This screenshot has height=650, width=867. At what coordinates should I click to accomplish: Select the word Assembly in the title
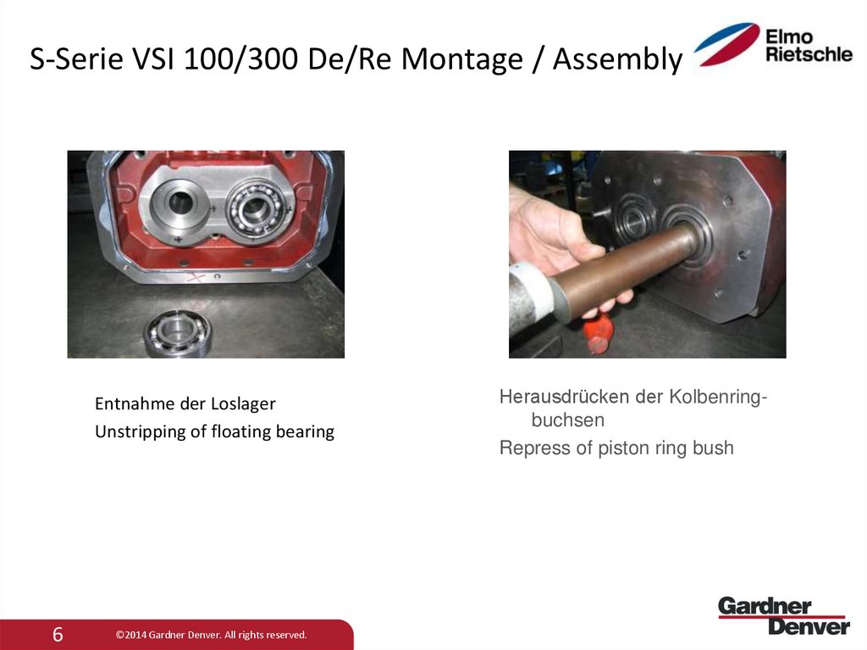(x=617, y=60)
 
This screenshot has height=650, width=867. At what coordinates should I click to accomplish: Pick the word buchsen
(x=567, y=419)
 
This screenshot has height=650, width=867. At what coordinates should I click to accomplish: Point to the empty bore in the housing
(x=180, y=202)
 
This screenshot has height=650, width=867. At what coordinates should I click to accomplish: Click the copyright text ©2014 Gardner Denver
(x=211, y=635)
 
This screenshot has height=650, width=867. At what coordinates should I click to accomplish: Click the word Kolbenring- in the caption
(x=719, y=397)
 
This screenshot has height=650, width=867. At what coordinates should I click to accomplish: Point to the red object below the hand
(x=598, y=331)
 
